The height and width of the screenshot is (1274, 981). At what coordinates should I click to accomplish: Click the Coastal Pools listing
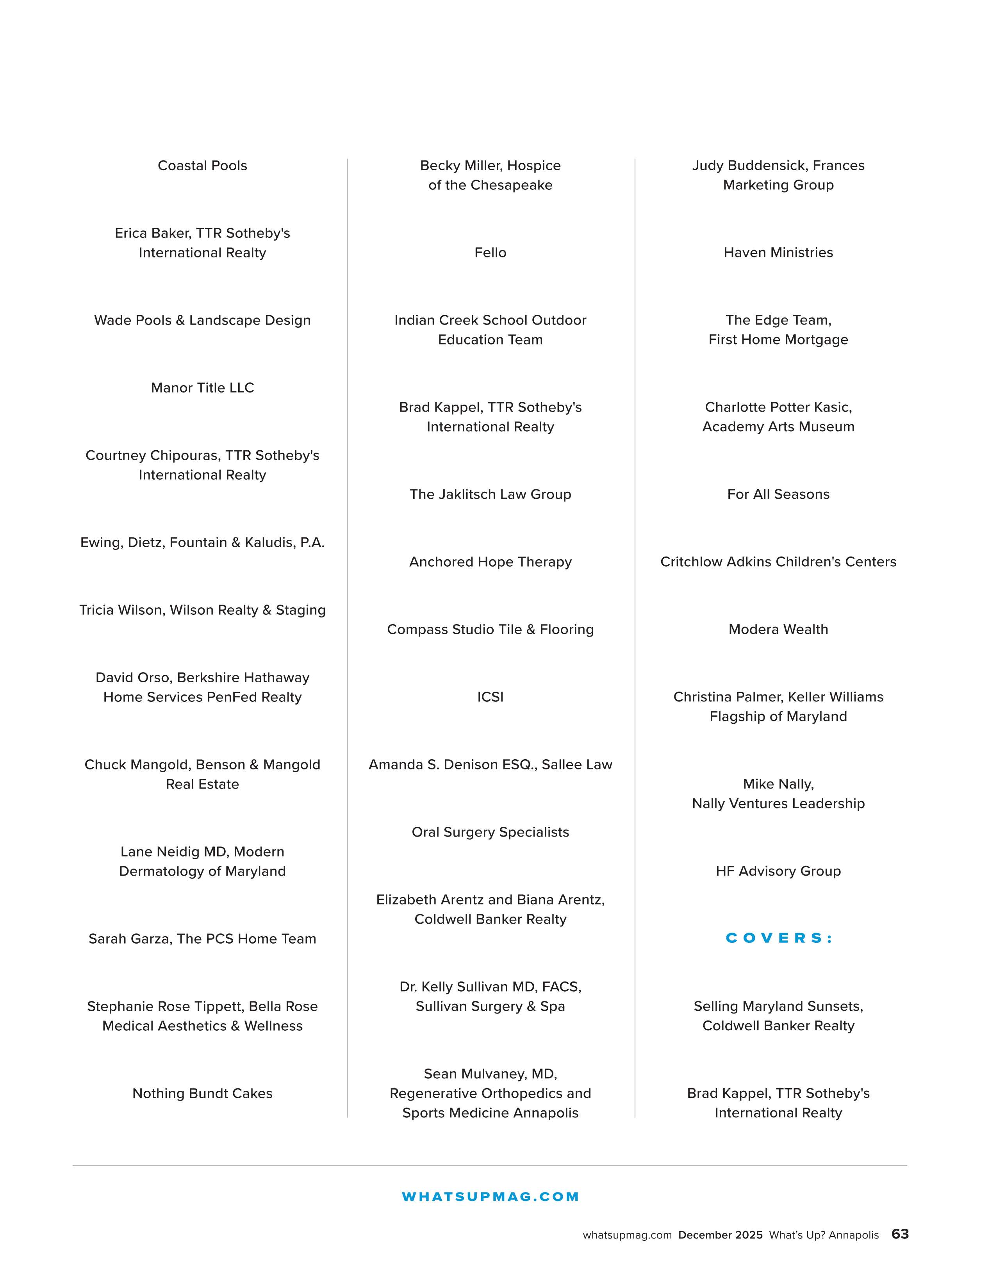tap(202, 166)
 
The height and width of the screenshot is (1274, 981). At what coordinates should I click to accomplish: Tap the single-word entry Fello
tap(490, 253)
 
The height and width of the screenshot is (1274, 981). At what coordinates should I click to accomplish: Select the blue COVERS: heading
tap(778, 938)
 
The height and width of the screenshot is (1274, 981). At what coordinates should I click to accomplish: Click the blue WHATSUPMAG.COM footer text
tap(490, 1196)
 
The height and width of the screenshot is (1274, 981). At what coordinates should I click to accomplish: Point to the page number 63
tap(900, 1234)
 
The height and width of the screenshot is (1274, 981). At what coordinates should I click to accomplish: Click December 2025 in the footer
tap(720, 1235)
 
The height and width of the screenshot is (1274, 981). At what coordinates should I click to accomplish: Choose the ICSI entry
tap(490, 697)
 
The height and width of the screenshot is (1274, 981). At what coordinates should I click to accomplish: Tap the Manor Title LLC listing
tap(202, 388)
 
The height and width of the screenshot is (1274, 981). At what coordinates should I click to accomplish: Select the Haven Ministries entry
tap(778, 253)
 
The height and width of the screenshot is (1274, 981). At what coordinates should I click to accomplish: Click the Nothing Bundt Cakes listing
tap(202, 1093)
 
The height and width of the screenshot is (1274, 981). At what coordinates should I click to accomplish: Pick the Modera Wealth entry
tap(778, 630)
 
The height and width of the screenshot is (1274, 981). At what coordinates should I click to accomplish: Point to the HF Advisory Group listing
tap(778, 871)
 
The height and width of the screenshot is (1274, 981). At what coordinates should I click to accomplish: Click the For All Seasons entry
tap(778, 494)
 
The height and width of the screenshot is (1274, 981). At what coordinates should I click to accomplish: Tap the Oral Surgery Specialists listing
tap(490, 832)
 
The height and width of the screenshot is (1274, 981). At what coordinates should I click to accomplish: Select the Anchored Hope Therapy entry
tap(490, 562)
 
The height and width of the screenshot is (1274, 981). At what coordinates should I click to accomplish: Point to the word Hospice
tap(534, 166)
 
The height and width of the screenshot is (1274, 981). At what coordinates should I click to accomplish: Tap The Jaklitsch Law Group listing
tap(490, 494)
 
